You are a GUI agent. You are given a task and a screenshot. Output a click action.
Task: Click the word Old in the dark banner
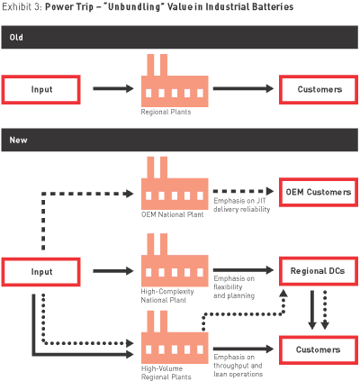click(16, 37)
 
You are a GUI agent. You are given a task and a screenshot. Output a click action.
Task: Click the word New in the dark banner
click(18, 140)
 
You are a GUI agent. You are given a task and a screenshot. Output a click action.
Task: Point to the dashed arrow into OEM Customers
click(243, 191)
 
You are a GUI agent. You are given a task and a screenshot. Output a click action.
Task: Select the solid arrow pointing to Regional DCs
click(243, 270)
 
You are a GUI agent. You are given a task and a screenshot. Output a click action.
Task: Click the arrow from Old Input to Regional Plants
click(113, 88)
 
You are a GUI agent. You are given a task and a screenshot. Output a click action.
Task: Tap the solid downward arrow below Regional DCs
click(312, 310)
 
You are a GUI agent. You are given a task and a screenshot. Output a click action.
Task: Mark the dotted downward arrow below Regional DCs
click(325, 310)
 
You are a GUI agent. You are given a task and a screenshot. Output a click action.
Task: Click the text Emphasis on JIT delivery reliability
click(242, 205)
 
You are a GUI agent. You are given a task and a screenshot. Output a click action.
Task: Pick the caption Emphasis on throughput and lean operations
click(238, 366)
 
